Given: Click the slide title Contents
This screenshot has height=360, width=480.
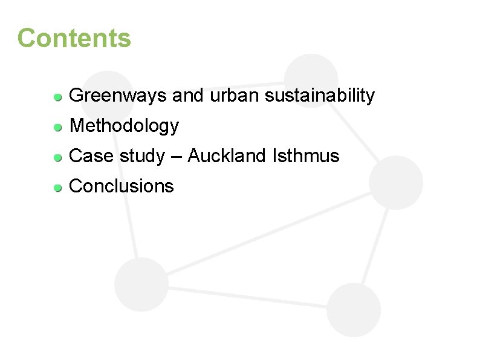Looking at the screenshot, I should click(x=74, y=38).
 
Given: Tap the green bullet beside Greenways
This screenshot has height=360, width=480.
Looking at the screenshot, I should click(x=57, y=96).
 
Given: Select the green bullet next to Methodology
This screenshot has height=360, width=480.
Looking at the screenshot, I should click(x=57, y=127).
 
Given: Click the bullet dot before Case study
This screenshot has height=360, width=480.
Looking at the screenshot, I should click(x=57, y=157).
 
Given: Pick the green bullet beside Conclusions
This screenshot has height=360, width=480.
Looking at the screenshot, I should click(x=57, y=187).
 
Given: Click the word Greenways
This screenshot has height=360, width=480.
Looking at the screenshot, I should click(x=118, y=96).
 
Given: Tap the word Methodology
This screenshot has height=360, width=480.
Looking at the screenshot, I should click(x=125, y=126).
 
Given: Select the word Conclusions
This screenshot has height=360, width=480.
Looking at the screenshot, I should click(x=122, y=186).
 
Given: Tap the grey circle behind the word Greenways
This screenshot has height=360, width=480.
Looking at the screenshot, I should click(x=107, y=85).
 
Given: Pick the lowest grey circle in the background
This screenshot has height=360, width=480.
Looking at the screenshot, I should click(x=354, y=310).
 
